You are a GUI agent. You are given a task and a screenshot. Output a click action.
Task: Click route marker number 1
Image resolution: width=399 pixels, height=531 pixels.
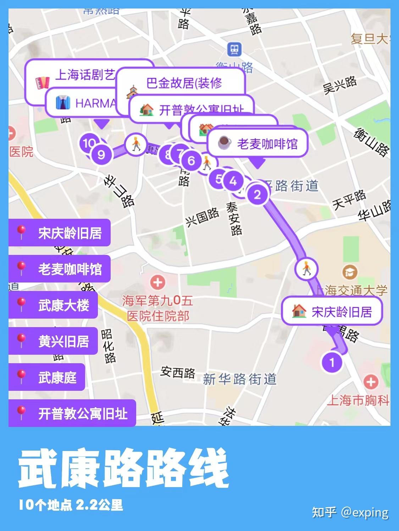[332, 362]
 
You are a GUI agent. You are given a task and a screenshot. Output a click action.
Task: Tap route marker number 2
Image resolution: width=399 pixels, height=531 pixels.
[257, 194]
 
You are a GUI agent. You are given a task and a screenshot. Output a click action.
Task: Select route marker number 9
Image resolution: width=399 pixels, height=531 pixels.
[101, 155]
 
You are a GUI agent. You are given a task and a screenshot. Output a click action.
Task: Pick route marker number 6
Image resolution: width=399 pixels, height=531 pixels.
[191, 161]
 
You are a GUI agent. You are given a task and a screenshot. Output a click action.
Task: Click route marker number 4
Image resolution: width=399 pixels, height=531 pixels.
[233, 181]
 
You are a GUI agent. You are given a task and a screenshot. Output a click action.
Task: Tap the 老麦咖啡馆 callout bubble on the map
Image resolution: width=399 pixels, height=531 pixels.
[257, 144]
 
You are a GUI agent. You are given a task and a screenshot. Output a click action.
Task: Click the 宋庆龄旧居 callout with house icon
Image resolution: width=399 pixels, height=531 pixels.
[332, 312]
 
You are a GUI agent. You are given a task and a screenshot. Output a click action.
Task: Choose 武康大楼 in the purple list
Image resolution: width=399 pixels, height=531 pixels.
[53, 305]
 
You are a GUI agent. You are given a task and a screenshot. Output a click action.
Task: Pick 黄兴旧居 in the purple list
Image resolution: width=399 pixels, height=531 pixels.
[53, 341]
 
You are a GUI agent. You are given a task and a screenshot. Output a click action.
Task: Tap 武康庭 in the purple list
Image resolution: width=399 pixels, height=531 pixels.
[47, 377]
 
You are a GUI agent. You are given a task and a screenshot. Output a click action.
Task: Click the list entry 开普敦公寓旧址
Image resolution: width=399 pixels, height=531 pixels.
[72, 413]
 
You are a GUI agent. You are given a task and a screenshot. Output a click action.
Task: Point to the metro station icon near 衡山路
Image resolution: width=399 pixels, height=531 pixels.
[234, 49]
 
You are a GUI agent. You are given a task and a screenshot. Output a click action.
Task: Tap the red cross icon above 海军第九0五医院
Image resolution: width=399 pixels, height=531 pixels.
[158, 282]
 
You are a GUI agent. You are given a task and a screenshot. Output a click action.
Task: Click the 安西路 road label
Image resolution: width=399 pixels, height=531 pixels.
[178, 372]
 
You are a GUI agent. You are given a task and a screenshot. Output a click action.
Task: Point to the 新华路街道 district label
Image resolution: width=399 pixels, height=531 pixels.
[240, 379]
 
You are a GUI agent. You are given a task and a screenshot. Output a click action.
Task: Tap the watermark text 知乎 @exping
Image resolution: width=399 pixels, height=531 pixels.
[350, 512]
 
